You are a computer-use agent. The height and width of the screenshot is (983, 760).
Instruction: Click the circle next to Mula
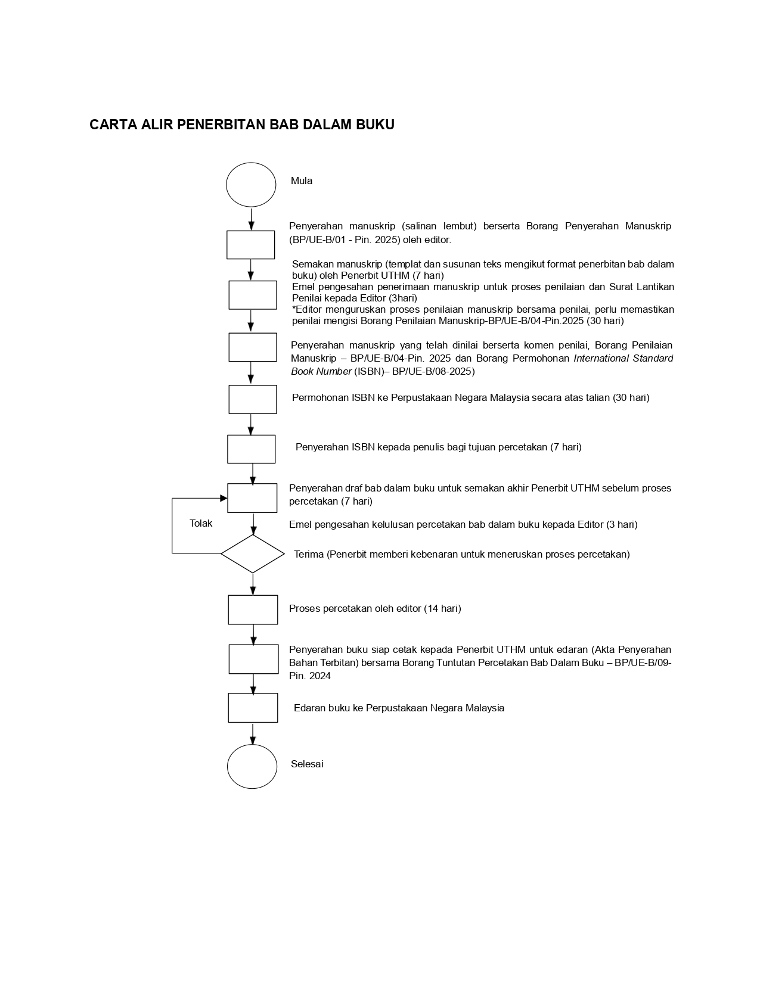tap(251, 185)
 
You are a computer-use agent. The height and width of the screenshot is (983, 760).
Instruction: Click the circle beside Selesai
tap(252, 766)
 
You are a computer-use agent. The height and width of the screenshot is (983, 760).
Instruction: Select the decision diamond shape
tap(253, 553)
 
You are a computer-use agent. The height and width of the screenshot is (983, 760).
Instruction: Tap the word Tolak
tap(201, 524)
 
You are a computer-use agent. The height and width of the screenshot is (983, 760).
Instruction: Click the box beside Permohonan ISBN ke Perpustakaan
tap(253, 399)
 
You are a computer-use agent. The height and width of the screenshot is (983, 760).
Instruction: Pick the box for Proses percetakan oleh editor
tap(253, 609)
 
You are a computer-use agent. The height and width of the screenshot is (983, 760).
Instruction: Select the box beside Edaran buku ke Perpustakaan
tap(253, 708)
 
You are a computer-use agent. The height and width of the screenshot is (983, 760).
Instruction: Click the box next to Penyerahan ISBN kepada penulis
tap(252, 449)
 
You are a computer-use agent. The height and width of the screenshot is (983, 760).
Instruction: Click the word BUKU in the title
tap(375, 125)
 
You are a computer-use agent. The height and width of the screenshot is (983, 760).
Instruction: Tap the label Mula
tap(302, 181)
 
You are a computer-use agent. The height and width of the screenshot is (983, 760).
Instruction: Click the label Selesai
tap(307, 764)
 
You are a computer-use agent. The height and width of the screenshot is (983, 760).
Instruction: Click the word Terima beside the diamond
tap(309, 555)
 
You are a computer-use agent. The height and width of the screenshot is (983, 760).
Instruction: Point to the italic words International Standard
tap(623, 359)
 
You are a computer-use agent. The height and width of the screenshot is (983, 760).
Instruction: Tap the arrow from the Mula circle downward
tap(251, 219)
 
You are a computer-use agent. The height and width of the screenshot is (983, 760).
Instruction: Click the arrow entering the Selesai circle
tap(253, 734)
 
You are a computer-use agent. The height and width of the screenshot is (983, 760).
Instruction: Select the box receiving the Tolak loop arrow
tap(252, 498)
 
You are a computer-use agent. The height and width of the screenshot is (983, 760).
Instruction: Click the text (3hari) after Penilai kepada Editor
tap(403, 298)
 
